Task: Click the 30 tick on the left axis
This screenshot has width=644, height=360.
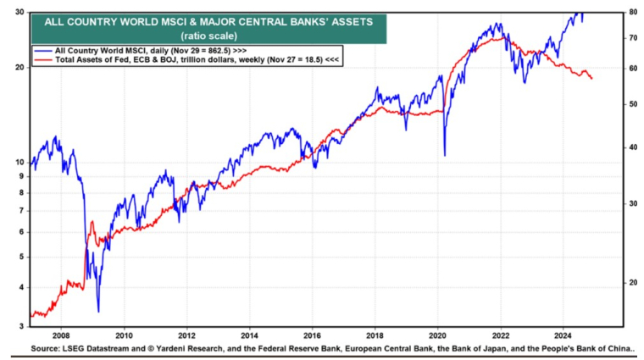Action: tap(19, 13)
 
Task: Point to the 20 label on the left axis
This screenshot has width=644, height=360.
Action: tap(19, 67)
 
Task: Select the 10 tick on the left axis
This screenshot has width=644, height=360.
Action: tap(19, 161)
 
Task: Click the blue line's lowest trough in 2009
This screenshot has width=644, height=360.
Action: tap(98, 311)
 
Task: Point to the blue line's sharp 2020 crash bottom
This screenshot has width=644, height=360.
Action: tap(445, 155)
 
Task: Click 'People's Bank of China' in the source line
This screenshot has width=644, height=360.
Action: tap(584, 347)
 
